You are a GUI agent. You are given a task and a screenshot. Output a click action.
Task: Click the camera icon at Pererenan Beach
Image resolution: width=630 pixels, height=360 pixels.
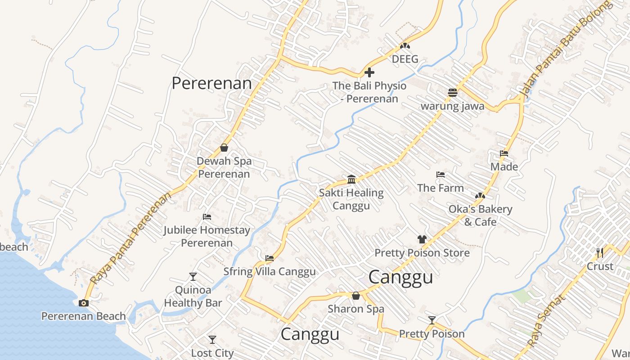tap(83, 303)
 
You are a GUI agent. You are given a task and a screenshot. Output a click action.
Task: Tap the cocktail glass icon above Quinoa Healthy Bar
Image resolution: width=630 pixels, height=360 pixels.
tap(193, 276)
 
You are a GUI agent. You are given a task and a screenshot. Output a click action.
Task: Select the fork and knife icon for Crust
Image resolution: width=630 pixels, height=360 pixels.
tap(599, 252)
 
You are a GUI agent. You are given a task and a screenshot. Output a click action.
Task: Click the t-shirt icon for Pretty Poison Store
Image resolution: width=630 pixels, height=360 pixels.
tap(422, 239)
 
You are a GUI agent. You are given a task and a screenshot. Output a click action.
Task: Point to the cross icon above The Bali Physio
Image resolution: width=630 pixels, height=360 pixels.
tap(369, 72)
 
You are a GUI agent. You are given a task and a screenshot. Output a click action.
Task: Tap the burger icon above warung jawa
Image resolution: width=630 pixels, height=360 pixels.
tap(453, 93)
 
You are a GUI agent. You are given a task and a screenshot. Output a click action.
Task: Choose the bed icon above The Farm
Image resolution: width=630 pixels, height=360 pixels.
tap(441, 175)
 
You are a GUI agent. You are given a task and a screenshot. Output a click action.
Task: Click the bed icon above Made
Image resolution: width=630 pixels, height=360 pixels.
tap(504, 153)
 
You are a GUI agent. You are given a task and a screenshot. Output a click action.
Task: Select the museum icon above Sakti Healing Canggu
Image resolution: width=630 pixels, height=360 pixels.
tap(351, 180)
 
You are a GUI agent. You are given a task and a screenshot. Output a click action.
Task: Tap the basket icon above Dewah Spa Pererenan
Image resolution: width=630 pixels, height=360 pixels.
tap(224, 148)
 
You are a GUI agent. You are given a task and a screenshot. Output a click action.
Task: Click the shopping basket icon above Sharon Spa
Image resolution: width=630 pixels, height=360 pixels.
tap(356, 296)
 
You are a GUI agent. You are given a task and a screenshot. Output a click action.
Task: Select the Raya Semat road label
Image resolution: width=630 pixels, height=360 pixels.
tap(545, 321)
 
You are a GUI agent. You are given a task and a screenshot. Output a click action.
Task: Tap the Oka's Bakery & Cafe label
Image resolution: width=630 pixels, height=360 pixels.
tap(480, 216)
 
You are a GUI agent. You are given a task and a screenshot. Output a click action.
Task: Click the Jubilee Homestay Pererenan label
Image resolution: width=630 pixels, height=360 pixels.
tap(207, 236)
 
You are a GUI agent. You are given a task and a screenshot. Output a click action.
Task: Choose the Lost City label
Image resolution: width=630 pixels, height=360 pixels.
tap(212, 353)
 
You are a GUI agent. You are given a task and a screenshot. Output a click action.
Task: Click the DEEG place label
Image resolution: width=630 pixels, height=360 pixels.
tap(405, 59)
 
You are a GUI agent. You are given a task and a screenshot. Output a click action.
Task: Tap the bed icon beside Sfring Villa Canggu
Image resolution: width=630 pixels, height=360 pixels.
tap(270, 258)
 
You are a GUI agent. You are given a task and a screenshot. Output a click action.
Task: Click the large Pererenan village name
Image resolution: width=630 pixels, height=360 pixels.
tap(211, 83)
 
